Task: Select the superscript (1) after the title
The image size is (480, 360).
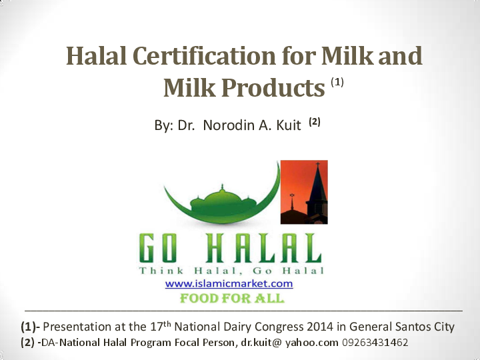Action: [337, 83]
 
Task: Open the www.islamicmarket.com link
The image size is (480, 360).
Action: [229, 283]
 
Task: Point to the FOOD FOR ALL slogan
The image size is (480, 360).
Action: [232, 298]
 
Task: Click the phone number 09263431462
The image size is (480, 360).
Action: [375, 343]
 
